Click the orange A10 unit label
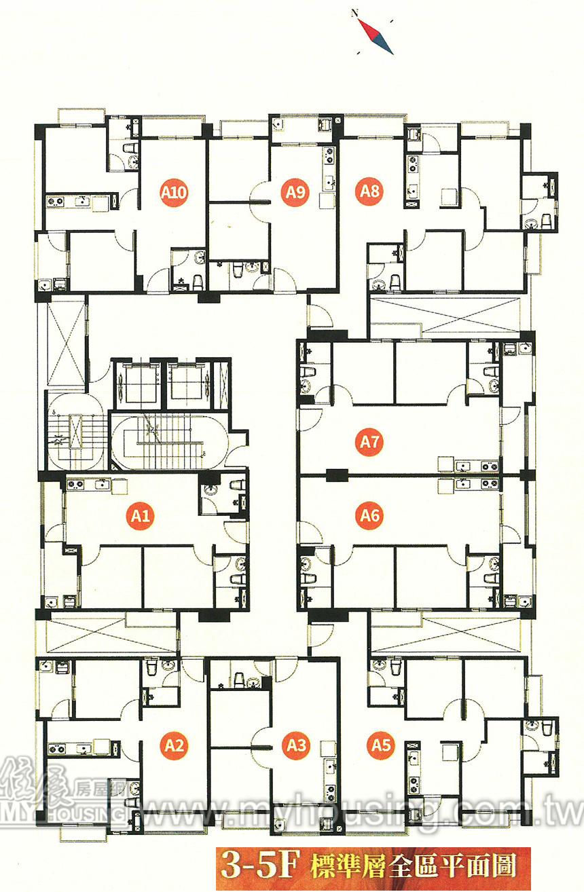tap(174, 192)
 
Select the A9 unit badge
tap(295, 192)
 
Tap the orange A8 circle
tap(369, 191)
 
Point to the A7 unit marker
tap(369, 442)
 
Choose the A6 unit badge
tap(369, 516)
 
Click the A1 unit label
tap(141, 516)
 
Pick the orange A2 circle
tap(174, 745)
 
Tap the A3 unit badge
tap(296, 745)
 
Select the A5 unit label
tap(381, 745)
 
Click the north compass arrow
tap(376, 37)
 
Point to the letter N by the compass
tap(354, 14)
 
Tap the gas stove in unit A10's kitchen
tap(56, 202)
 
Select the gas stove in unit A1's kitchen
tap(75, 485)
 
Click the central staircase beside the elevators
tap(169, 443)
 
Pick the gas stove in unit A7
tap(490, 466)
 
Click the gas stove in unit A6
tap(490, 484)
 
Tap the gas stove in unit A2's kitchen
tap(57, 749)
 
